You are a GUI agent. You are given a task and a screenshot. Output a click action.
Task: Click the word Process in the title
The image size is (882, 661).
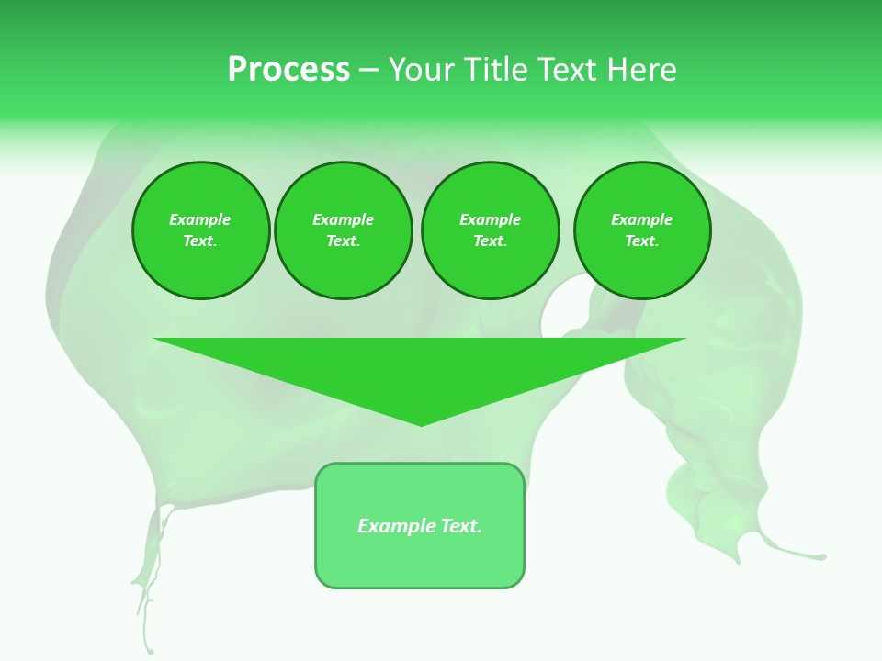[288, 70]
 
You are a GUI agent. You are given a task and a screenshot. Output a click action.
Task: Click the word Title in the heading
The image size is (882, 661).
[492, 70]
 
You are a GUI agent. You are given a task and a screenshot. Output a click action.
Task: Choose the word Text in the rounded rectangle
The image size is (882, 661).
[460, 526]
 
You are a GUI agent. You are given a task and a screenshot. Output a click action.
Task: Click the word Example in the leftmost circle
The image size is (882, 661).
[200, 219]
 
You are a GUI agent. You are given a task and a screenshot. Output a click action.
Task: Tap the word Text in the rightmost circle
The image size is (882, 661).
[641, 241]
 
